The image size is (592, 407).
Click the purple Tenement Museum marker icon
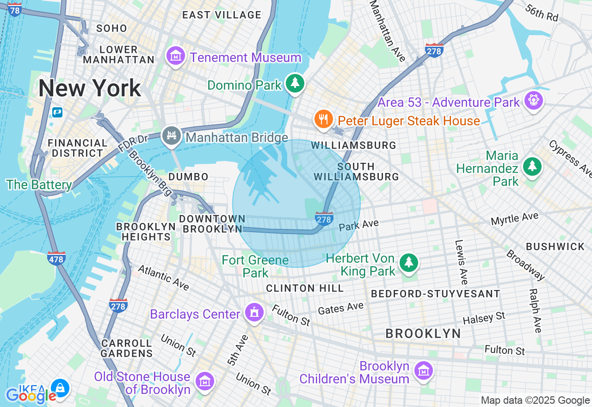[x=175, y=57]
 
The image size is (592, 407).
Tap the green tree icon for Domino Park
[x=295, y=84]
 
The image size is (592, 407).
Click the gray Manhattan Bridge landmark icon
[x=171, y=136]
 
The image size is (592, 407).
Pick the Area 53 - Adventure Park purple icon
[x=533, y=100]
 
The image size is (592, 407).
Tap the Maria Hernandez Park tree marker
[x=532, y=166]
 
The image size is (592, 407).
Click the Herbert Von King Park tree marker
[x=408, y=263]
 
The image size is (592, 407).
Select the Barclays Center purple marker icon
[x=254, y=313]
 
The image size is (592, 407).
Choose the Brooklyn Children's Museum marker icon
[x=423, y=370]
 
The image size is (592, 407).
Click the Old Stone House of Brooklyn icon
[x=204, y=381]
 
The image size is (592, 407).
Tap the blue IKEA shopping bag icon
[x=60, y=388]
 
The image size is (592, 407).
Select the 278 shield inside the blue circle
[x=324, y=218]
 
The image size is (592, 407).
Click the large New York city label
[x=90, y=88]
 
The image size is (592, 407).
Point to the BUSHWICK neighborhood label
[x=555, y=247]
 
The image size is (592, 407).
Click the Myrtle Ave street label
[x=514, y=218]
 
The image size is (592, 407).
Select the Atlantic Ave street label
[x=163, y=277]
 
